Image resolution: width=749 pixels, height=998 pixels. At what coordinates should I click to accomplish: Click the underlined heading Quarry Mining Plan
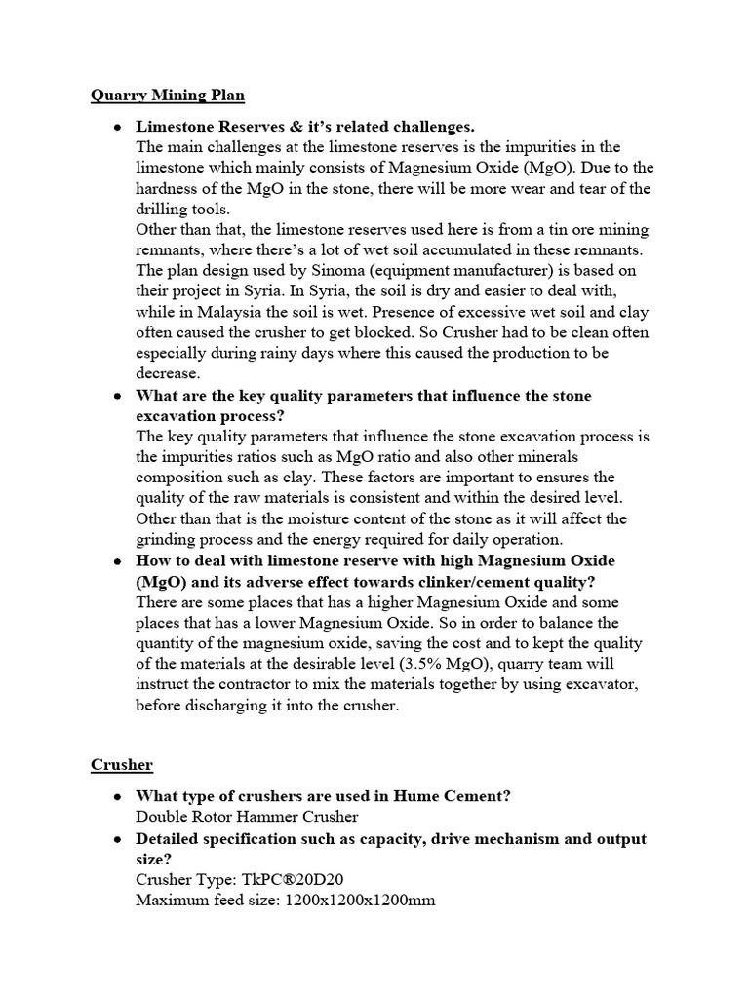[167, 95]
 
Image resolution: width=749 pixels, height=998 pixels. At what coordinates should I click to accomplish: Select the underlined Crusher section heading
[123, 765]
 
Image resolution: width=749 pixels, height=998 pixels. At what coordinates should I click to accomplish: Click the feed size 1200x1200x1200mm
[360, 900]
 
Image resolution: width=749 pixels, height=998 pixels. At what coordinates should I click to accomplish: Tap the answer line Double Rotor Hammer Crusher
[247, 817]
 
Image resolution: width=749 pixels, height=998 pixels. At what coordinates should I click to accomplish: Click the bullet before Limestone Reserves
[117, 128]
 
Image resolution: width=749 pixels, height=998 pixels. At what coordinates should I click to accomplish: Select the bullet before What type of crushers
[117, 797]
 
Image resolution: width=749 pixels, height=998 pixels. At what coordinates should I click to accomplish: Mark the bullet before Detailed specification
[117, 839]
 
